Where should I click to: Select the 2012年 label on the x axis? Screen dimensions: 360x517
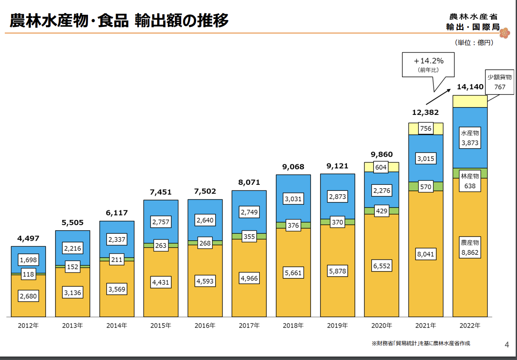coord(28,325)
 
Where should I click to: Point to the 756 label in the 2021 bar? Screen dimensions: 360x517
coord(426,128)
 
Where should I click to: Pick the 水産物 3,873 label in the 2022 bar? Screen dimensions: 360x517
coord(470,138)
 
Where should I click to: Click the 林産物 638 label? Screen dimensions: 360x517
coord(470,181)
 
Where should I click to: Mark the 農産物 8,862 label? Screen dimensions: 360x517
coord(470,248)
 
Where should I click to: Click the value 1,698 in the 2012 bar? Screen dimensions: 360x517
coord(29,260)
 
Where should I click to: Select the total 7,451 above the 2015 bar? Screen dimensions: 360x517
coord(161,192)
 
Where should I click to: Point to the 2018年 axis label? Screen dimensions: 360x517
coord(294,325)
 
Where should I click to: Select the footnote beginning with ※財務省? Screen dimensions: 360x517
coord(421,343)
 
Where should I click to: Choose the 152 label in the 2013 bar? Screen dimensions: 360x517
coord(72,267)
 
